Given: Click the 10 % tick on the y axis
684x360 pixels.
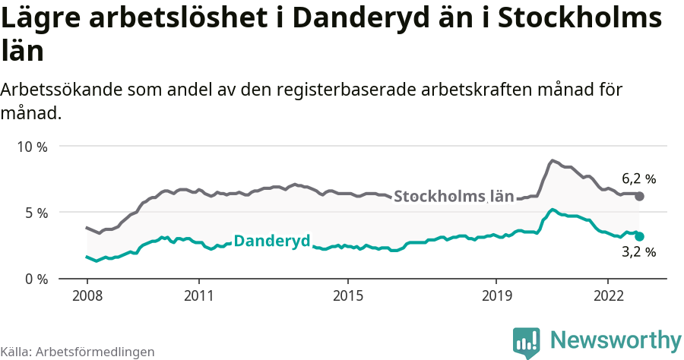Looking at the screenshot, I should [x=31, y=147].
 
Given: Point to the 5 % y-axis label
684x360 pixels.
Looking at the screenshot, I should [x=35, y=213].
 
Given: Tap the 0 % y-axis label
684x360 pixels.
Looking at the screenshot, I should [x=35, y=279].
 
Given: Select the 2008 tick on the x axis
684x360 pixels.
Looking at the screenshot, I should [x=87, y=295].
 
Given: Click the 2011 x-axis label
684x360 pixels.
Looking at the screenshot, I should [x=198, y=295].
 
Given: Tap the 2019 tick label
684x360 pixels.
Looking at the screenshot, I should [x=496, y=295].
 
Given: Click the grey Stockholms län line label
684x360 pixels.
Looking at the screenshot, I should [x=454, y=196].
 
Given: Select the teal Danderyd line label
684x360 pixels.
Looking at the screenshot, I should [x=272, y=242].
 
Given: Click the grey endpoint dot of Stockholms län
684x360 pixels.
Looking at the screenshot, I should [x=640, y=196].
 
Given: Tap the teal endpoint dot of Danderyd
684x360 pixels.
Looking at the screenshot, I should [x=640, y=236].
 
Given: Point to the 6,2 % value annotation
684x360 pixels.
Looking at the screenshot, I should [x=638, y=179].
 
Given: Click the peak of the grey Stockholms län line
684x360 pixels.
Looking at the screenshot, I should [x=553, y=160].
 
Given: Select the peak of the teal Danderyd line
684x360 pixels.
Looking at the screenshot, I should [x=553, y=210].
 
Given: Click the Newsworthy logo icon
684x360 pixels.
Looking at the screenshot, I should [x=527, y=343].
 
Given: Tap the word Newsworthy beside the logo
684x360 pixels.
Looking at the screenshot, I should [x=616, y=339].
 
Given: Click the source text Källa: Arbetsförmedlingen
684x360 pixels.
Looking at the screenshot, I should [x=78, y=352].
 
